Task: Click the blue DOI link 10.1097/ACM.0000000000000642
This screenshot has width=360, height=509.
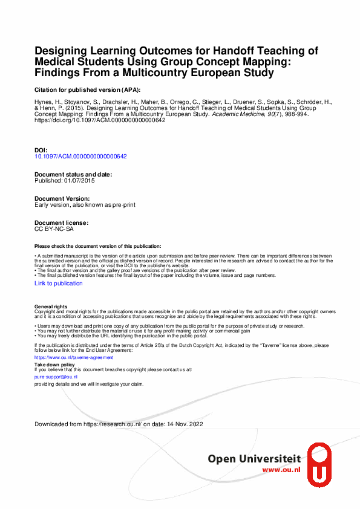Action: pos(80,156)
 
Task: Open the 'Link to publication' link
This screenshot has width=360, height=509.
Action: pos(59,284)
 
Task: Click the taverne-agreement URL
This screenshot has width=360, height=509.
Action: pos(65,357)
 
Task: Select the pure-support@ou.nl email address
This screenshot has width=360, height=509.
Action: pos(56,377)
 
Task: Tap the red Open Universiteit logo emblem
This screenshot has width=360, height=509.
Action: pos(319,463)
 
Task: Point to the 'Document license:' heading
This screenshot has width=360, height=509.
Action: pos(62,223)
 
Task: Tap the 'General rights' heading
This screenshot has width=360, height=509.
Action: pos(51,307)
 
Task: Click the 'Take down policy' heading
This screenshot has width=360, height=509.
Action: pos(54,365)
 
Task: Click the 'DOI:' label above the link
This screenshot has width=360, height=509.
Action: pos(41,149)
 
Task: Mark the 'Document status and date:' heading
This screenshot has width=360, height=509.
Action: pos(73,174)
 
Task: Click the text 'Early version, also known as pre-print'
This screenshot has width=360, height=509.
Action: pos(85,205)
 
